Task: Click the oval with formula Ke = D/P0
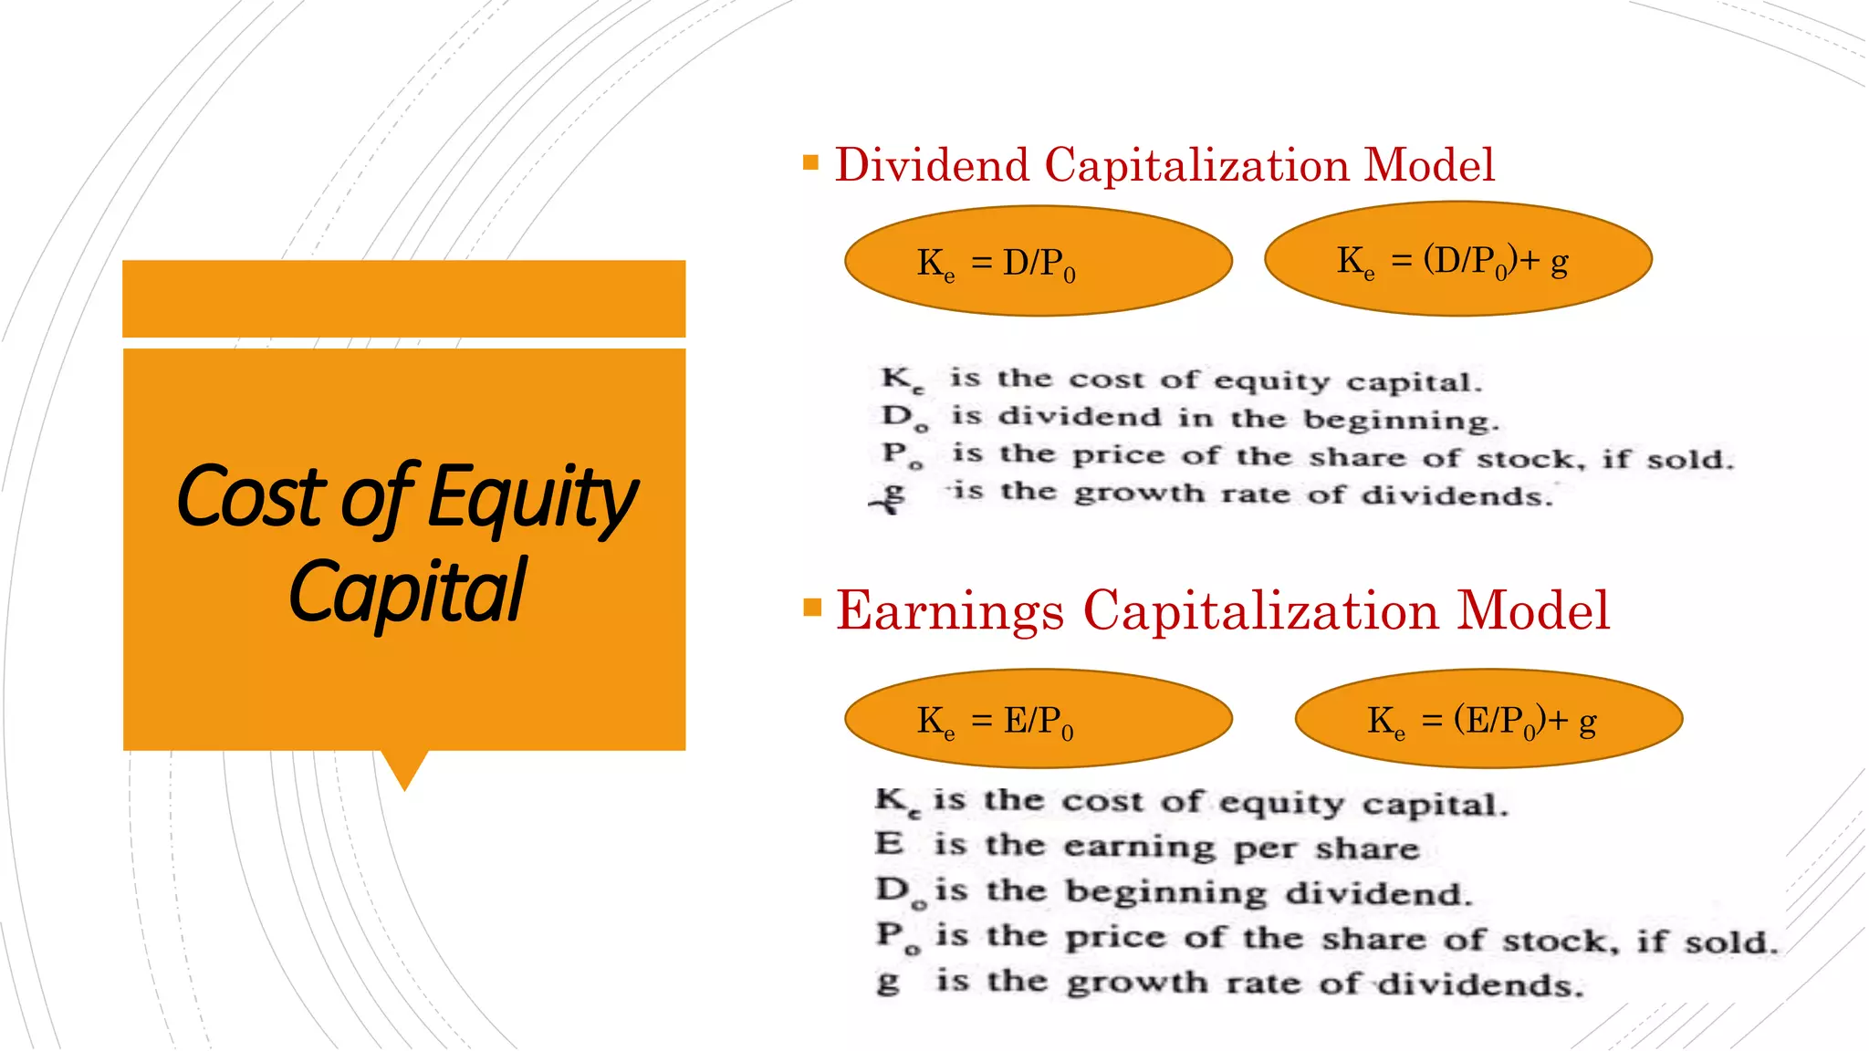pos(1039,262)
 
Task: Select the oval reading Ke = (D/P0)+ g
pos(1457,260)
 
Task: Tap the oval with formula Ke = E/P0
pos(1039,720)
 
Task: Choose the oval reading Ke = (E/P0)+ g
pos(1488,720)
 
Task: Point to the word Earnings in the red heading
pos(950,610)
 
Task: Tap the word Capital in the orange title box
pos(407,591)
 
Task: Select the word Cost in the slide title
pos(250,496)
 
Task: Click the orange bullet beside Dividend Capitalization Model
pos(810,163)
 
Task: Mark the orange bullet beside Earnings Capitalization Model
pos(812,608)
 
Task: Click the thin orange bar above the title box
pos(403,298)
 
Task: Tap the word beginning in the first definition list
pos(1400,421)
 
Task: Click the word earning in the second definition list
pos(1138,847)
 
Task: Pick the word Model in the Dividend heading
pos(1429,165)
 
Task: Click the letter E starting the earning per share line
pos(889,843)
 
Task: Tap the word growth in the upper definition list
pos(1138,494)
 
